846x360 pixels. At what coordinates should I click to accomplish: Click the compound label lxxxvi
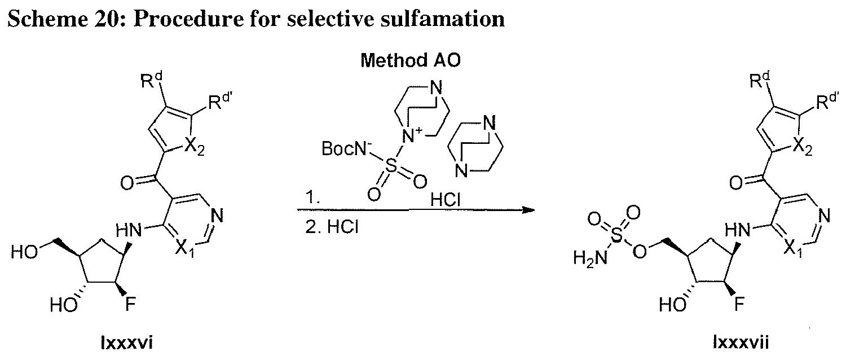point(127,343)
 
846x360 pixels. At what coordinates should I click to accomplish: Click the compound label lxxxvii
point(741,343)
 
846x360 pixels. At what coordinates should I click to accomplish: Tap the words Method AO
point(411,60)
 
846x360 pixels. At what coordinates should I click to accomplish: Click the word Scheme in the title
point(47,19)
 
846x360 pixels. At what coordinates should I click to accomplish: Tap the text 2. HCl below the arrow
point(332,227)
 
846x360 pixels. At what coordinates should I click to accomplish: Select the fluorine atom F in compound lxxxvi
point(130,304)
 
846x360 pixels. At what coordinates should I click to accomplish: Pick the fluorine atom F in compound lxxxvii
point(739,304)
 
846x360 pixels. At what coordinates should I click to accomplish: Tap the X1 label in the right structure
point(792,249)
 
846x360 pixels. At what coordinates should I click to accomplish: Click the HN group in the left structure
point(129,230)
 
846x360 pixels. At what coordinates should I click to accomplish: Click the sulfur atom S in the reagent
point(393,165)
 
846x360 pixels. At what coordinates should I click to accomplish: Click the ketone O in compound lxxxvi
point(127,184)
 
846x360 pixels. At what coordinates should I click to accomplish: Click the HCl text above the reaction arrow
point(446,200)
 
